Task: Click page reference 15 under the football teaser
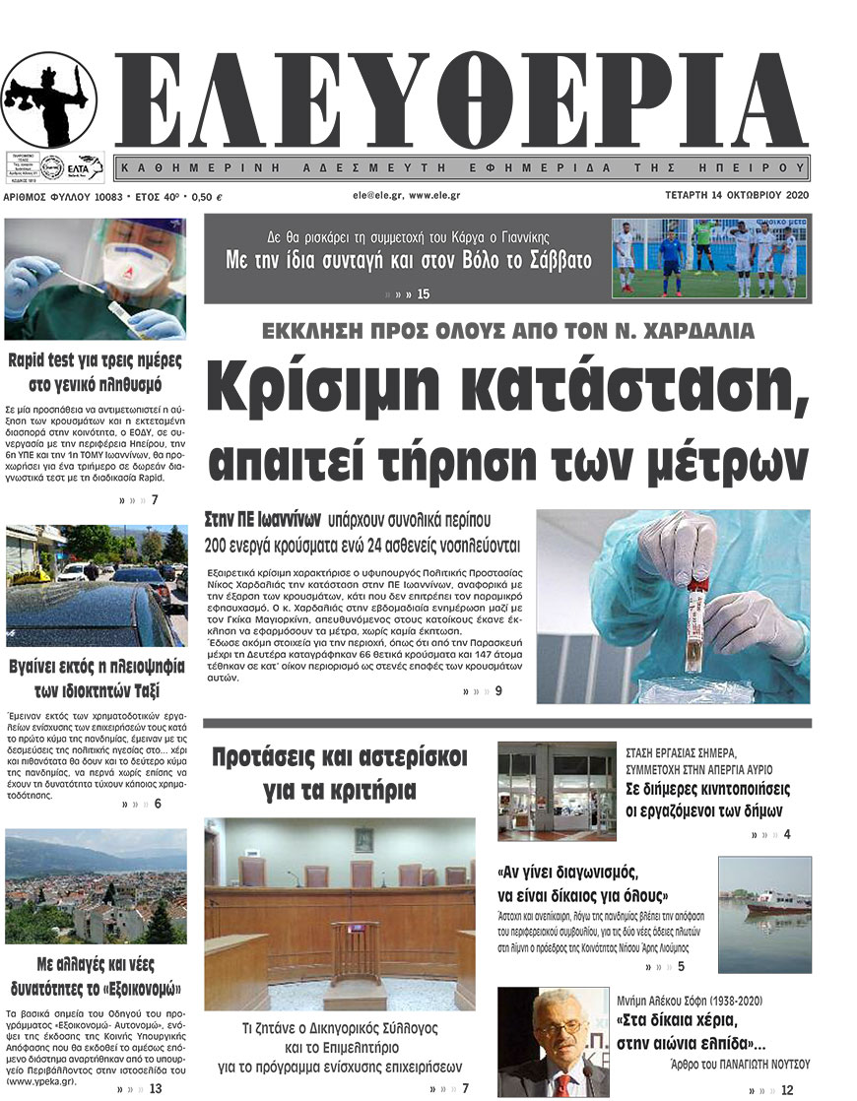click(424, 294)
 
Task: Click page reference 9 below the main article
click(498, 690)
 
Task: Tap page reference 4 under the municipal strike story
click(786, 835)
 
